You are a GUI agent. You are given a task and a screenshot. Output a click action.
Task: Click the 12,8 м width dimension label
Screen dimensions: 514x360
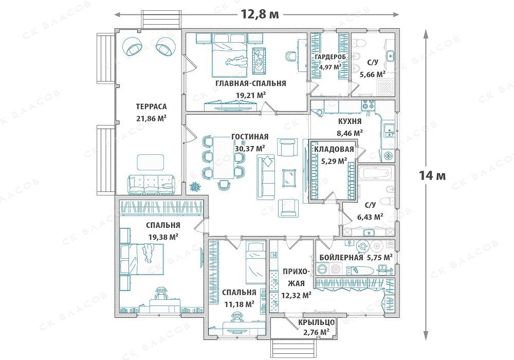pyautogui.click(x=260, y=14)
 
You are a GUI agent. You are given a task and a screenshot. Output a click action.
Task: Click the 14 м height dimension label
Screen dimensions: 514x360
pyautogui.click(x=432, y=176)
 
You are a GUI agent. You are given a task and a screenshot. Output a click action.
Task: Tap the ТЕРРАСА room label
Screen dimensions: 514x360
pyautogui.click(x=151, y=106)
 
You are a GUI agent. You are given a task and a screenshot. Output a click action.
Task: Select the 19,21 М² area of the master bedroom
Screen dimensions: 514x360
pyautogui.click(x=250, y=95)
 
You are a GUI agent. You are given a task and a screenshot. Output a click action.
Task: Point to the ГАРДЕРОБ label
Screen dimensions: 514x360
pyautogui.click(x=330, y=57)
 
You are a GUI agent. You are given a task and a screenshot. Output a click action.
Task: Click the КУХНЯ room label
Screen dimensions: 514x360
pyautogui.click(x=350, y=121)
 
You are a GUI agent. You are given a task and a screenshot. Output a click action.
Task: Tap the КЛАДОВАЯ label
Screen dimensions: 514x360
pyautogui.click(x=334, y=150)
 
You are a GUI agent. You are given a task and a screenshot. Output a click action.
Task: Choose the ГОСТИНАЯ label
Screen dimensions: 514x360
pyautogui.click(x=250, y=137)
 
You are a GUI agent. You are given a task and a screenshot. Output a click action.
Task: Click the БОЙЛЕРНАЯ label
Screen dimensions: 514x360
pyautogui.click(x=341, y=257)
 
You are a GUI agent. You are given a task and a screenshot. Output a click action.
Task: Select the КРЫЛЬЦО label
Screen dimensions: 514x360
pyautogui.click(x=316, y=322)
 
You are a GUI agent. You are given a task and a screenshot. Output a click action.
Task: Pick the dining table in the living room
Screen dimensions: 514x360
pyautogui.click(x=224, y=158)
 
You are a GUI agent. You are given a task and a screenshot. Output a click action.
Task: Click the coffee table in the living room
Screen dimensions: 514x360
pyautogui.click(x=289, y=178)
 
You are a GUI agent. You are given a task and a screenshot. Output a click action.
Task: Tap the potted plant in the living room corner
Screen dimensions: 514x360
pyautogui.click(x=195, y=186)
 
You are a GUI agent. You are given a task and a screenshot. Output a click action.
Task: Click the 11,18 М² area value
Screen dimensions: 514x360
pyautogui.click(x=240, y=304)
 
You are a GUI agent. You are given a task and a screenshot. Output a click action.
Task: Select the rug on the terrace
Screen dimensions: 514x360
pyautogui.click(x=150, y=162)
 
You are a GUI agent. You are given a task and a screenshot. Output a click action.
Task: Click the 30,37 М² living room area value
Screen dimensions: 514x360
pyautogui.click(x=250, y=149)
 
